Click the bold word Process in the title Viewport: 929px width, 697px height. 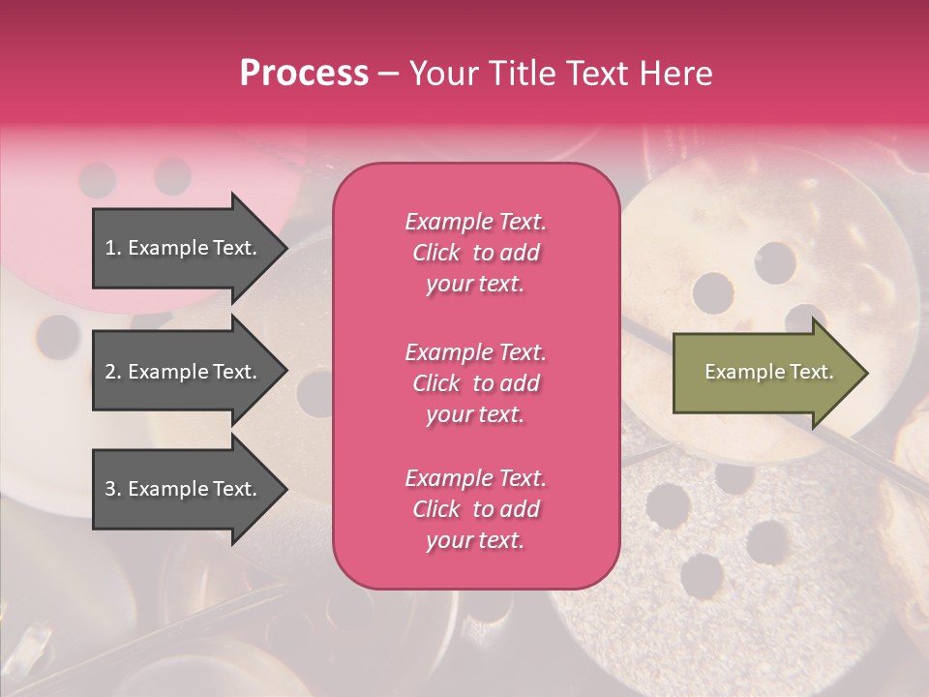coord(304,74)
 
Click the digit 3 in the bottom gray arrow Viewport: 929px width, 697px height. coord(110,489)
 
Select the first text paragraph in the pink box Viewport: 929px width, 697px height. coord(475,253)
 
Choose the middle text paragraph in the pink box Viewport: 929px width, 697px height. coord(475,383)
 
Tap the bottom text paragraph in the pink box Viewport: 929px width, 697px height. coord(475,509)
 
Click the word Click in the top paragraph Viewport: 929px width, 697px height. coord(436,253)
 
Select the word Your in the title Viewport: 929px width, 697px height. coord(441,74)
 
